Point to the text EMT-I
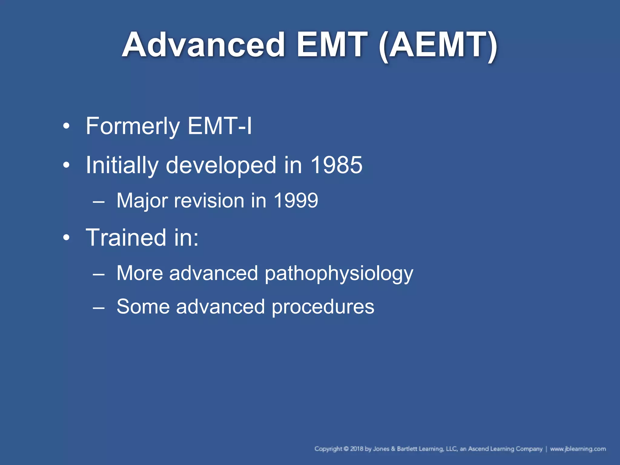point(219,126)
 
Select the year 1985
point(336,165)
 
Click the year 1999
point(295,201)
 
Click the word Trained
point(126,238)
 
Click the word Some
point(143,307)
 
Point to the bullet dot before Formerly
point(66,126)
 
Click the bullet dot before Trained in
point(66,238)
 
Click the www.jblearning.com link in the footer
point(578,449)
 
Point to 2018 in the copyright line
point(357,449)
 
